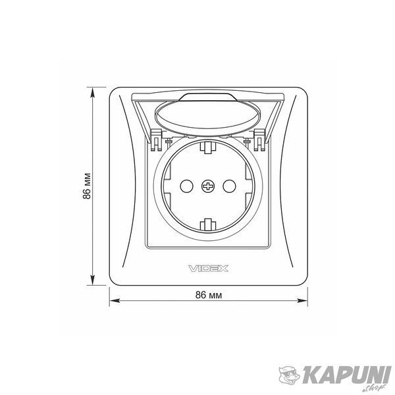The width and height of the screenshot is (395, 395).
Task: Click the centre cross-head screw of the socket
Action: (208, 186)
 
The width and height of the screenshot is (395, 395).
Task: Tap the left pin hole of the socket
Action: (187, 186)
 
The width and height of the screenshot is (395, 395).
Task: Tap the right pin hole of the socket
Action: (230, 186)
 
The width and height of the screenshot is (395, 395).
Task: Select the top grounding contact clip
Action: (208, 147)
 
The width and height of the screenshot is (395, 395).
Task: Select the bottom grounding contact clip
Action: (208, 224)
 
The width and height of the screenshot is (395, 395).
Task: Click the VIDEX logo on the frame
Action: (209, 269)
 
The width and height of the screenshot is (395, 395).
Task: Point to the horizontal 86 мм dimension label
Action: (209, 295)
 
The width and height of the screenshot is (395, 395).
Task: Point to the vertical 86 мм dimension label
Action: (87, 186)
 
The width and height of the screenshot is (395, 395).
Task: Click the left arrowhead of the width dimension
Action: (115, 301)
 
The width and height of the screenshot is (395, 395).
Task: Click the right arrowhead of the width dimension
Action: (303, 301)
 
